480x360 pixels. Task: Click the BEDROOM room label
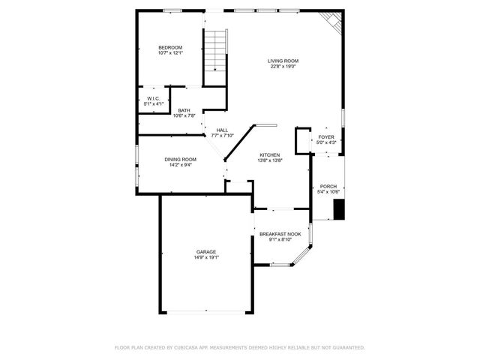tap(170, 47)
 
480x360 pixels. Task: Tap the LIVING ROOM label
tap(283, 61)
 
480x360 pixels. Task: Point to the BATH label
tap(184, 110)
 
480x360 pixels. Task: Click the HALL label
tap(222, 130)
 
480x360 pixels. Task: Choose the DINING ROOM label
tap(181, 159)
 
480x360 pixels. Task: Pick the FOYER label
tap(326, 137)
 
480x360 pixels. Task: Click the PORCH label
tap(328, 186)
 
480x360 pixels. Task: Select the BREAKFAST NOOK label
tap(280, 234)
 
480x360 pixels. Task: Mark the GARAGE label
tap(206, 252)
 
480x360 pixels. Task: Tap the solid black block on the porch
tap(338, 210)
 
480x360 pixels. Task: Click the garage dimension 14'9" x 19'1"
tap(206, 257)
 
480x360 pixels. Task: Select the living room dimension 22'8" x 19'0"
tap(283, 66)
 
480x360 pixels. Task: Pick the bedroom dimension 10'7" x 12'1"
tap(170, 52)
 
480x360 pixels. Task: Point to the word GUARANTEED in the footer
tap(346, 348)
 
